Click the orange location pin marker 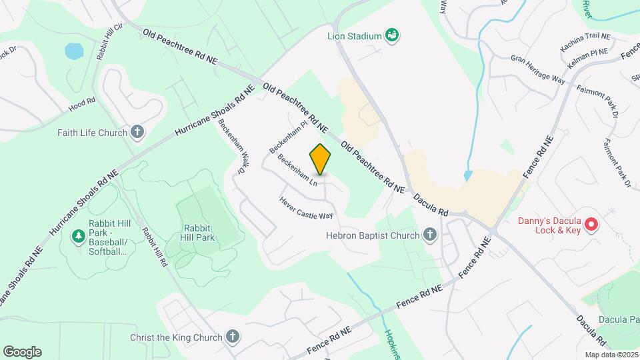pos(321,160)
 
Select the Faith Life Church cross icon pos(138,132)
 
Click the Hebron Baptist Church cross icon pos(430,235)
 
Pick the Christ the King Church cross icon pos(232,337)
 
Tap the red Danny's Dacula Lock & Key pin pos(591,226)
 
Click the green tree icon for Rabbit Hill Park pos(79,236)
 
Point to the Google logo pos(22,352)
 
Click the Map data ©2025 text pos(611,355)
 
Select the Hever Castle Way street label pos(306,207)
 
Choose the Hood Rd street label pos(83,105)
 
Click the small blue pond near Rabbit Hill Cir pos(73,51)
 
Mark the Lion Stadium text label pos(354,36)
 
